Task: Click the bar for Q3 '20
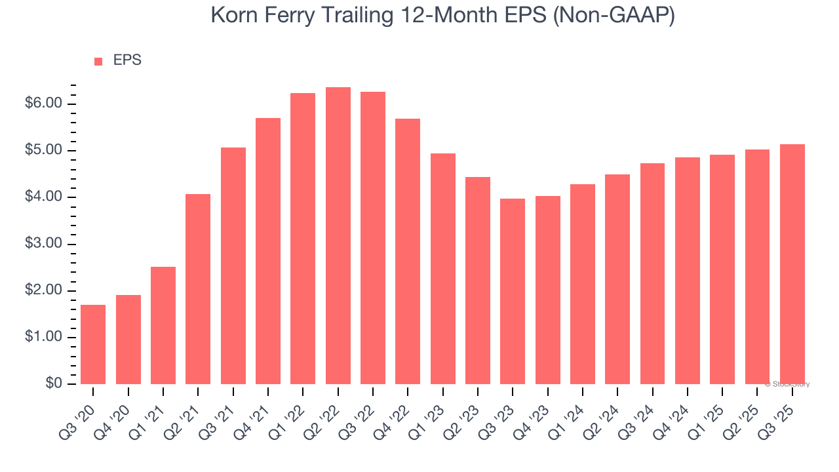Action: pyautogui.click(x=93, y=344)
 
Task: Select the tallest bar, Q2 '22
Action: pyautogui.click(x=338, y=236)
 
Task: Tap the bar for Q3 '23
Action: pyautogui.click(x=513, y=292)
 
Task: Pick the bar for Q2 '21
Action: pyautogui.click(x=198, y=288)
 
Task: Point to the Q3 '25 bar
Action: pyautogui.click(x=792, y=264)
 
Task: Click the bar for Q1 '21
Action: pyautogui.click(x=163, y=325)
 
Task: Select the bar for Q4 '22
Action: pyautogui.click(x=408, y=251)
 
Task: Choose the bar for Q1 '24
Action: pyautogui.click(x=583, y=284)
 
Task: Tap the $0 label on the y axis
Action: pyautogui.click(x=54, y=384)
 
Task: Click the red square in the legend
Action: pyautogui.click(x=98, y=62)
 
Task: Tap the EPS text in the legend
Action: pyautogui.click(x=127, y=60)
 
